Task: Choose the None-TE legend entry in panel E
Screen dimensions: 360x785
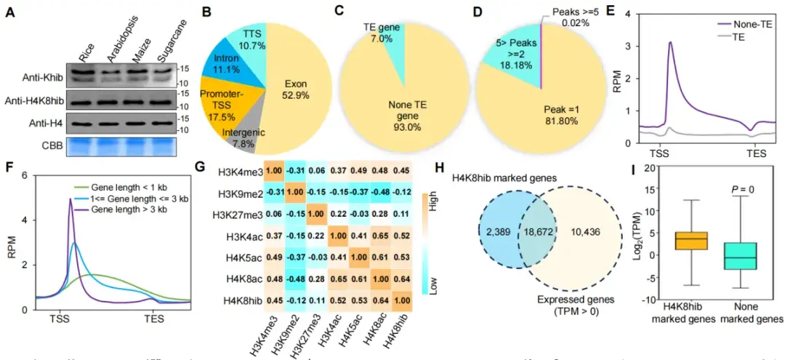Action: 741,23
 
